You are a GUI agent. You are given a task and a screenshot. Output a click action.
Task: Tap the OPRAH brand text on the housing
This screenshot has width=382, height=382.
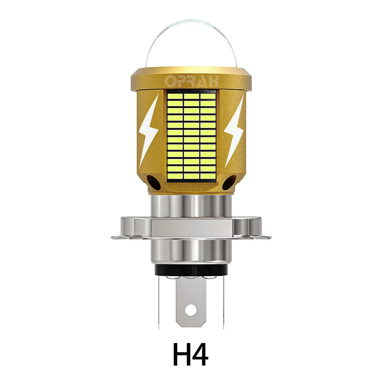click(x=191, y=81)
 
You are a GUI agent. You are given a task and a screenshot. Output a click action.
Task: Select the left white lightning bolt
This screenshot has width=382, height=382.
click(x=149, y=130)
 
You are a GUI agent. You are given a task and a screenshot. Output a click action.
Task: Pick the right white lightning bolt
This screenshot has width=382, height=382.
click(x=233, y=130)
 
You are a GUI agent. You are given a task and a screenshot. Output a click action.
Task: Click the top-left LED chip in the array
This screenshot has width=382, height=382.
click(x=175, y=95)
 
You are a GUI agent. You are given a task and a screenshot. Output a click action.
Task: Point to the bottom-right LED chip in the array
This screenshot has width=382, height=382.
click(x=208, y=176)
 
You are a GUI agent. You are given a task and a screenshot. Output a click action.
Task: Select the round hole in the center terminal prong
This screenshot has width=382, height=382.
click(x=191, y=308)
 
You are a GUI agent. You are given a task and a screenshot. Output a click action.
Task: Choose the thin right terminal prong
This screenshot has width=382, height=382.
click(x=223, y=302)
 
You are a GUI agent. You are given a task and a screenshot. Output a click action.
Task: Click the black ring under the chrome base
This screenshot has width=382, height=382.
click(x=191, y=270)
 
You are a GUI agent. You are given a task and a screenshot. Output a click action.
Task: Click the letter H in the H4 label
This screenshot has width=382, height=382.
click(x=181, y=355)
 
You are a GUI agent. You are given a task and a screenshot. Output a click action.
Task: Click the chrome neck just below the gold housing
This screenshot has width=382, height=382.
click(x=191, y=204)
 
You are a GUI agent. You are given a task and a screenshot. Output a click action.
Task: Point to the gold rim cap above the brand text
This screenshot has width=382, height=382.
click(x=191, y=71)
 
